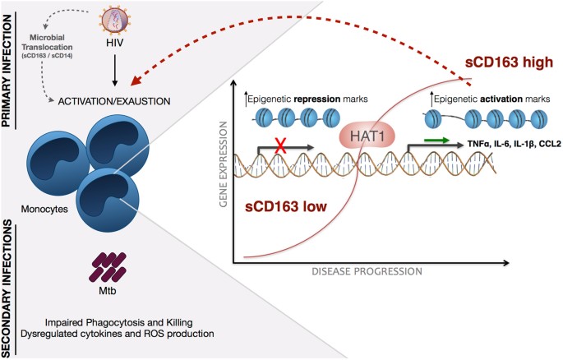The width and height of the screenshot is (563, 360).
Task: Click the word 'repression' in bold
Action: [302, 99]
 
